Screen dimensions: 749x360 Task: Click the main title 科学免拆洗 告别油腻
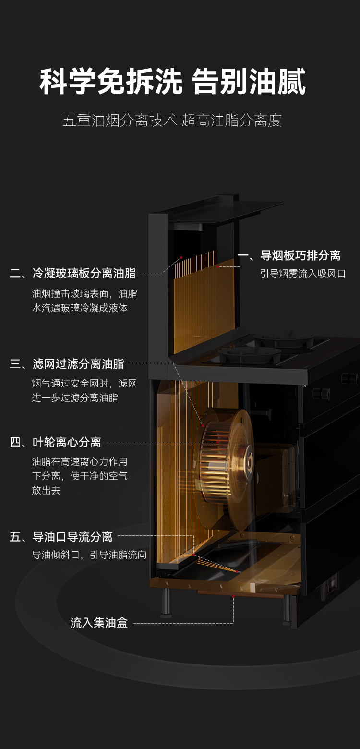173,82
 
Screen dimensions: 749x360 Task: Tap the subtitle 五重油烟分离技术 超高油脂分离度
172,120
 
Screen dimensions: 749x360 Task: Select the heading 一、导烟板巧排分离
289,255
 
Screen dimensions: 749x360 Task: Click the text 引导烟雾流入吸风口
303,274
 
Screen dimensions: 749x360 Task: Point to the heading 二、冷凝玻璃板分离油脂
73,274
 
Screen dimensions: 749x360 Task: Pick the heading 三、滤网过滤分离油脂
67,364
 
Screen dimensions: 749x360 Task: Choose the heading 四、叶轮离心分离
56,442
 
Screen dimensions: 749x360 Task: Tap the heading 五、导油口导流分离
61,537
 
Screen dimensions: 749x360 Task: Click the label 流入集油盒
99,623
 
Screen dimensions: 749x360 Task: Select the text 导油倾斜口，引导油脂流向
89,555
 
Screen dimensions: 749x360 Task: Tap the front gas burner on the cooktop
250,355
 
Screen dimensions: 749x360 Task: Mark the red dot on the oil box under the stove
233,596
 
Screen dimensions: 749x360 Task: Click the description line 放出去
46,491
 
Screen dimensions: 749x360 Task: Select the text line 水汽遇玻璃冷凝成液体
80,308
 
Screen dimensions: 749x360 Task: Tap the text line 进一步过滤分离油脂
75,398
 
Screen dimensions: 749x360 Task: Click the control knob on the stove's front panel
321,393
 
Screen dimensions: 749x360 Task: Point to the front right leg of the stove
287,610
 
